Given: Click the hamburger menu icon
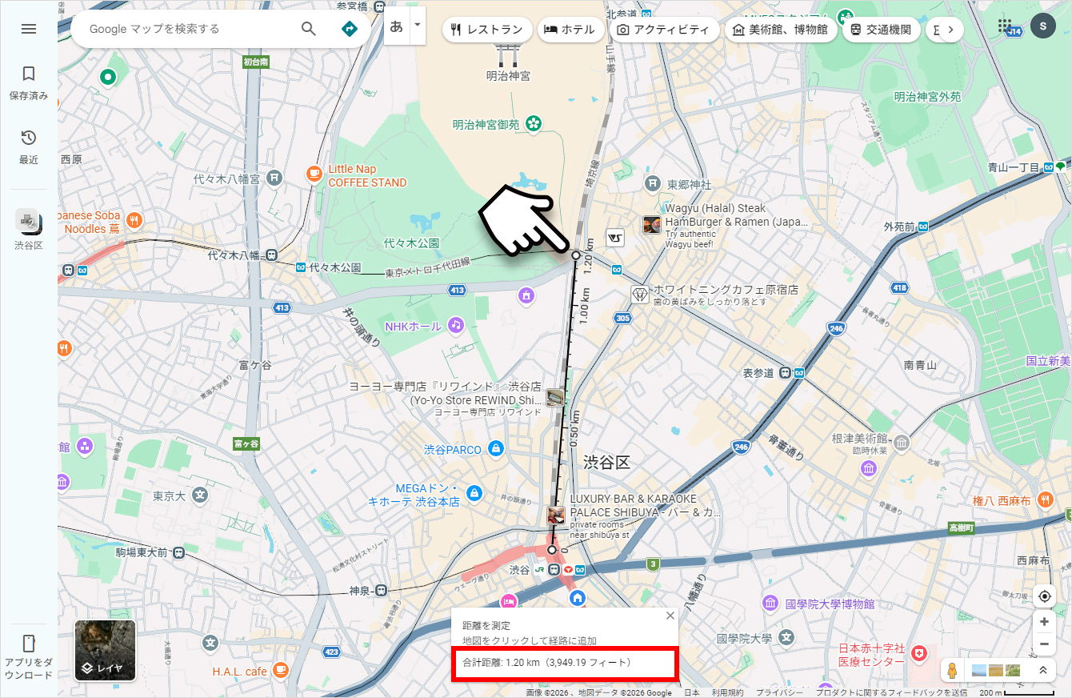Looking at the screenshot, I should pyautogui.click(x=29, y=29).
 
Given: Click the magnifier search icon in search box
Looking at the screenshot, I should pyautogui.click(x=309, y=29).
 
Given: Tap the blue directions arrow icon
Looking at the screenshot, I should pyautogui.click(x=350, y=29).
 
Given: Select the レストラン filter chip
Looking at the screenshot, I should pyautogui.click(x=487, y=30).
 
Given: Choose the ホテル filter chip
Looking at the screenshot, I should pyautogui.click(x=570, y=30).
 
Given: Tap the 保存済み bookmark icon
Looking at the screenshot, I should pyautogui.click(x=29, y=74).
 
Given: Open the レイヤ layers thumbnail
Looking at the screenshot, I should pyautogui.click(x=105, y=650).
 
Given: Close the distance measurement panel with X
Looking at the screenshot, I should pyautogui.click(x=670, y=616).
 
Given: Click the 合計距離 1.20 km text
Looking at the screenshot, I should pyautogui.click(x=547, y=663).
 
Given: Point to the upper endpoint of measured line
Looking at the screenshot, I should pyautogui.click(x=576, y=255).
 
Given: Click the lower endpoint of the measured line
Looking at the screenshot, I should pyautogui.click(x=552, y=550).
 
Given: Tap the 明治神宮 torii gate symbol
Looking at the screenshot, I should pyautogui.click(x=508, y=54).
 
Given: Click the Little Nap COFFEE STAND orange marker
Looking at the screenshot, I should pyautogui.click(x=314, y=173).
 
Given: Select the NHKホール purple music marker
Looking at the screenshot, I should pyautogui.click(x=455, y=325).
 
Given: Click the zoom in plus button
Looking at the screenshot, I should pyautogui.click(x=1044, y=621).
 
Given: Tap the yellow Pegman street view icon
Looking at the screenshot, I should pyautogui.click(x=951, y=670).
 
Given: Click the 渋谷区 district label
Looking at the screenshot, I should pyautogui.click(x=607, y=462).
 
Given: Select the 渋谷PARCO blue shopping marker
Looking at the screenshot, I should pyautogui.click(x=495, y=449).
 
